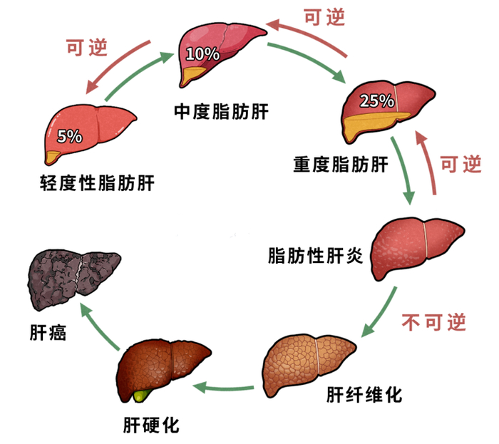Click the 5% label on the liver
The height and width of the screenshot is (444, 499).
pyautogui.click(x=69, y=136)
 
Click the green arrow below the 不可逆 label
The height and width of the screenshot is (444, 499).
pyautogui.click(x=381, y=314)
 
